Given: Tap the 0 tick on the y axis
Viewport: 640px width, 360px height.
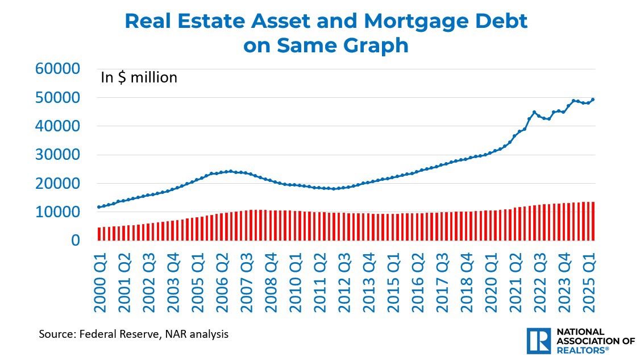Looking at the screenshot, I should point(76,241).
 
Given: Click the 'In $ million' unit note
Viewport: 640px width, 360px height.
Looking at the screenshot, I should point(139,77).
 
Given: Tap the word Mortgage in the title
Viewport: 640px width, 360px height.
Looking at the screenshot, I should point(402,22).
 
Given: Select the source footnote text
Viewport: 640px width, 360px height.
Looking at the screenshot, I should point(134,334).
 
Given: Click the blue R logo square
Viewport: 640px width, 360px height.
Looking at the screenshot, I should point(538,340).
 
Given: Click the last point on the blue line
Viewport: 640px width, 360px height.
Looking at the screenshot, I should point(593,100).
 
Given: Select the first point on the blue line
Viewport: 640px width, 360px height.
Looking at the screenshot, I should point(99,207).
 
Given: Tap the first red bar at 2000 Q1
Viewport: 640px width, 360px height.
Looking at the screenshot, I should point(99,234).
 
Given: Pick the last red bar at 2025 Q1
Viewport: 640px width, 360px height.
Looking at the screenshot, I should point(593,221).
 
